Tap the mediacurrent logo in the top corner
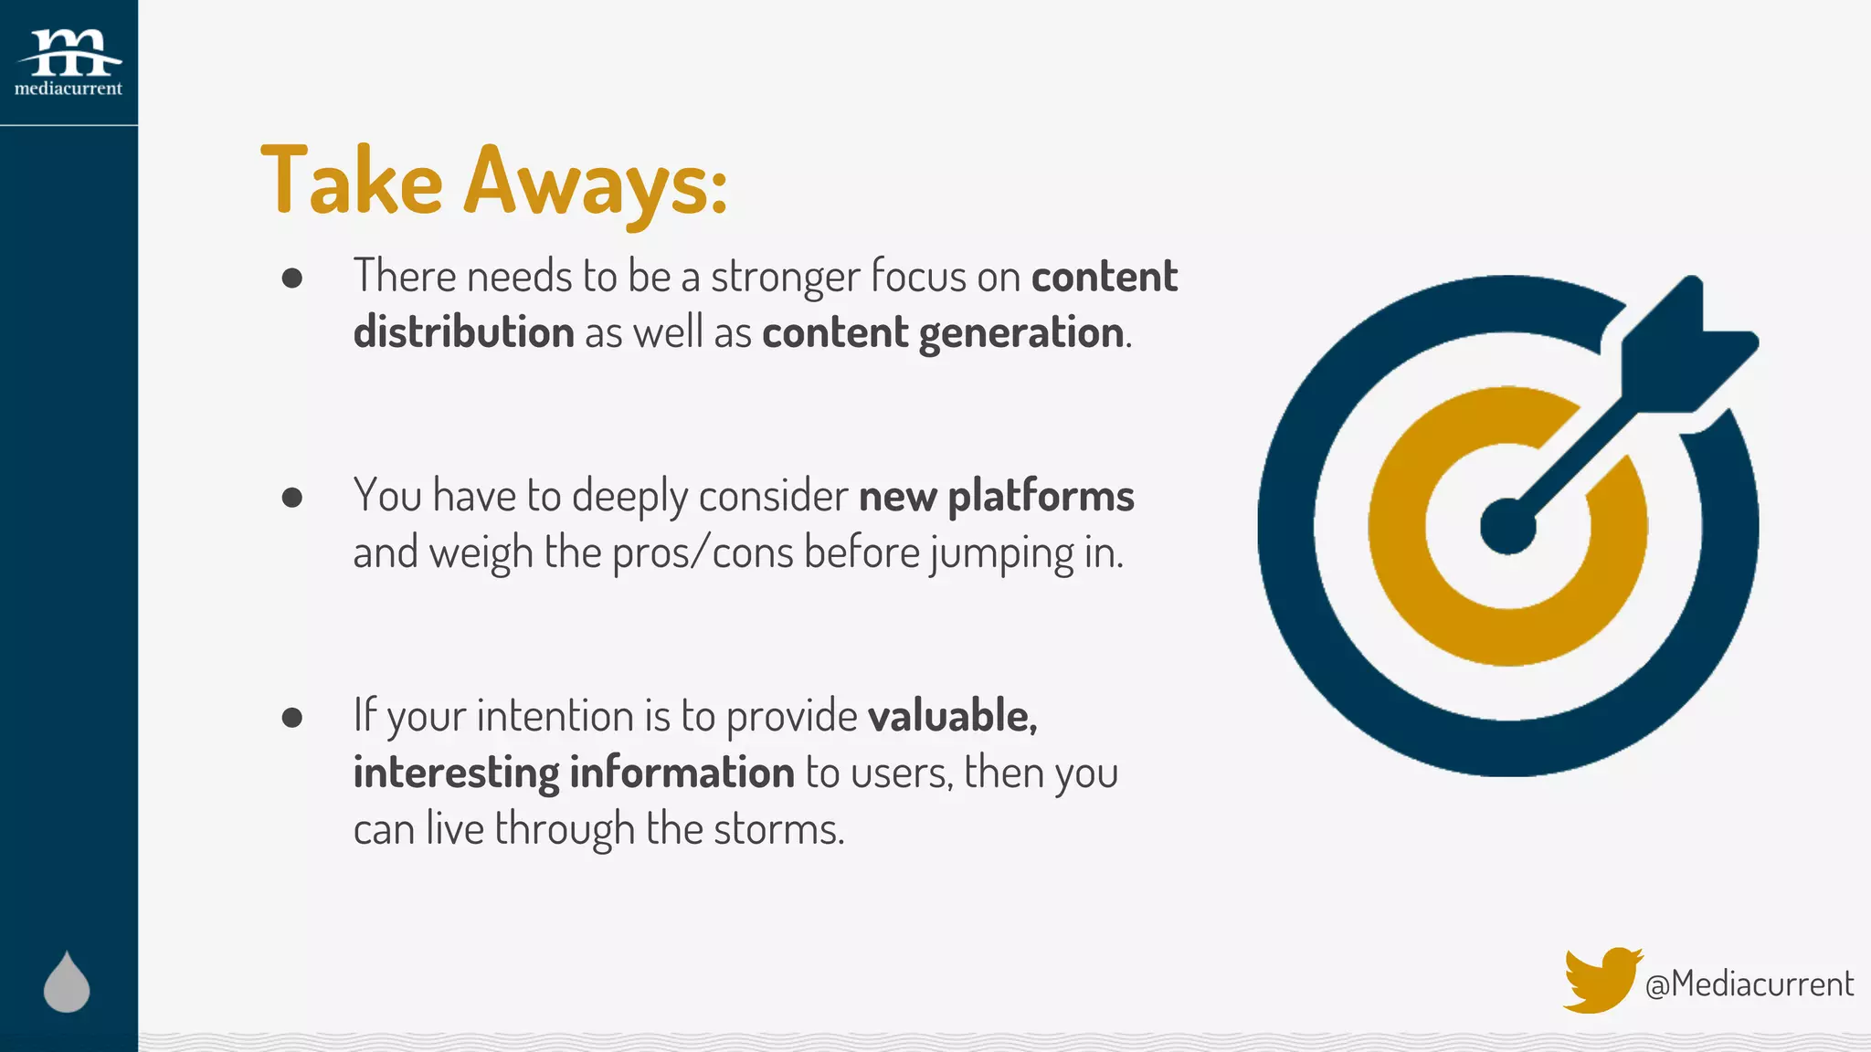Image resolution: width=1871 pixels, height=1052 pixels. pyautogui.click(x=69, y=62)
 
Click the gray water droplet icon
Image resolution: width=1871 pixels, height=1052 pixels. pyautogui.click(x=67, y=984)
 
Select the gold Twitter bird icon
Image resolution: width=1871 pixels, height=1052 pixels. pyautogui.click(x=1601, y=980)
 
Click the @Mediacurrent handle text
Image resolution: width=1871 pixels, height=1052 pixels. pyautogui.click(x=1749, y=984)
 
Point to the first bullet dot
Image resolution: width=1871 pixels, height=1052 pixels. pyautogui.click(x=292, y=278)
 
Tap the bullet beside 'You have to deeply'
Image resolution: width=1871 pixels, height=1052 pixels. pyautogui.click(x=292, y=497)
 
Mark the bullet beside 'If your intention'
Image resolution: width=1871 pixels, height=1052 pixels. pyautogui.click(x=292, y=717)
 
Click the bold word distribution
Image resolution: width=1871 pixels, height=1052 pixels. pyautogui.click(x=463, y=332)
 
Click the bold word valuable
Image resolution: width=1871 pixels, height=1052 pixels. pyautogui.click(x=951, y=716)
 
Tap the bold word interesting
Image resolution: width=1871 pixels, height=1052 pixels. pyautogui.click(x=456, y=773)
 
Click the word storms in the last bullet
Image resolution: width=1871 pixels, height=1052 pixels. pyautogui.click(x=777, y=829)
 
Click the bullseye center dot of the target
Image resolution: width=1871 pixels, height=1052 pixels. pyautogui.click(x=1507, y=527)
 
